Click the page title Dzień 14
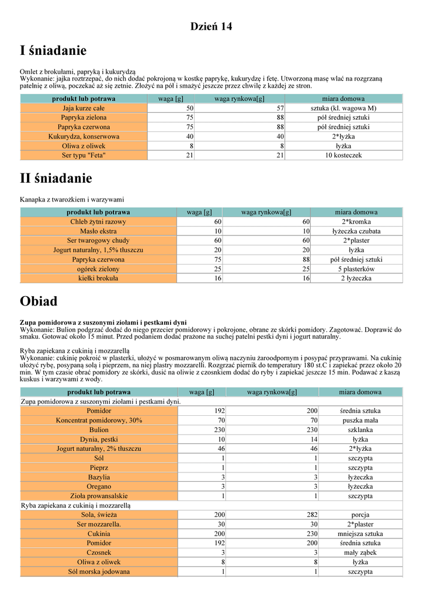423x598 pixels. click(211, 26)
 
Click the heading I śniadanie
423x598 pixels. click(53, 51)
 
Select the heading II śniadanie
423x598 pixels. click(56, 178)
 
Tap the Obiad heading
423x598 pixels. click(39, 301)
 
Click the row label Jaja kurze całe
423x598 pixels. click(84, 108)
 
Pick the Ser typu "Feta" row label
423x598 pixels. click(84, 155)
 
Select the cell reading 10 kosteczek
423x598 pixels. click(344, 155)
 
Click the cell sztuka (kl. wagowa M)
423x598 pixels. click(344, 108)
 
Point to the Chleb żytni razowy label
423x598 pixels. click(98, 222)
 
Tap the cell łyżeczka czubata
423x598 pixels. click(356, 231)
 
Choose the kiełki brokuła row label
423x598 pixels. click(98, 279)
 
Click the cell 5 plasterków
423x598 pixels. click(356, 269)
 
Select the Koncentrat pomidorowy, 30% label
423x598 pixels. click(99, 420)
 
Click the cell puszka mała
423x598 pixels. click(360, 420)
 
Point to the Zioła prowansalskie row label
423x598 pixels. click(99, 496)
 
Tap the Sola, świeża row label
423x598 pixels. click(99, 515)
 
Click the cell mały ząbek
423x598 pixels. click(360, 552)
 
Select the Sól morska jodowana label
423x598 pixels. click(99, 572)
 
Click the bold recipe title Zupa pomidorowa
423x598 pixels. click(103, 322)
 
